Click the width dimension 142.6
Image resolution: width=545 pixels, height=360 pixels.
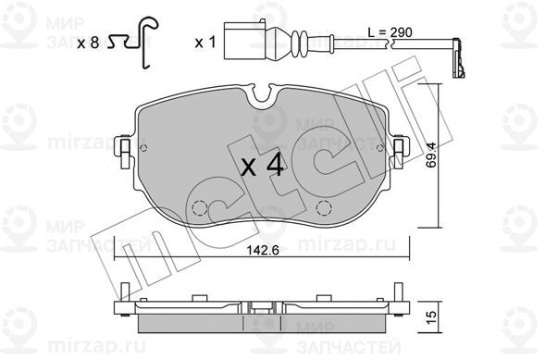[x=263, y=250]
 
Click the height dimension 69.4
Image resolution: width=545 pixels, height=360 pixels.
[x=431, y=155]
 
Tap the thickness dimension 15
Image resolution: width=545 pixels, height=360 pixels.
[x=430, y=317]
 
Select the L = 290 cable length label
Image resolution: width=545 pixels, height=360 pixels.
[x=390, y=32]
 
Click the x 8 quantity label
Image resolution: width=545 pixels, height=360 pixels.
[x=88, y=43]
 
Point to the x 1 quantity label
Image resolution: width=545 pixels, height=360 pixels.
[x=205, y=43]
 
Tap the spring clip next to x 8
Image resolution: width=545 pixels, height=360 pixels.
[x=134, y=42]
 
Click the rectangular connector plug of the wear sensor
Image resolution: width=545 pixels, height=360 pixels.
[x=245, y=41]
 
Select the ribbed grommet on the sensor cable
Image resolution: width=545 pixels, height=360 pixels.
[x=299, y=43]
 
